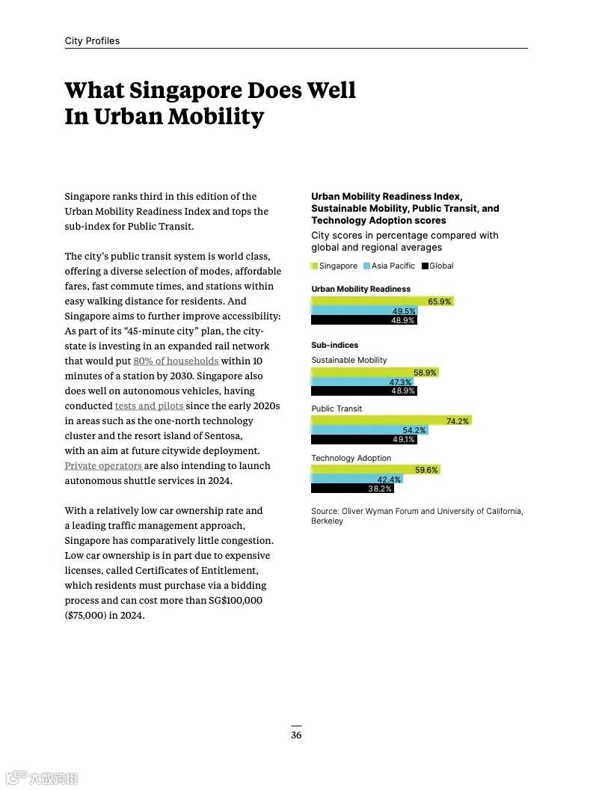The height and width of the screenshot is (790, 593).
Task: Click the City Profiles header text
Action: click(92, 41)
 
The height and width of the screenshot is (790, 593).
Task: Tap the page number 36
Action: click(296, 735)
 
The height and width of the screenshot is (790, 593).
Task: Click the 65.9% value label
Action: click(439, 301)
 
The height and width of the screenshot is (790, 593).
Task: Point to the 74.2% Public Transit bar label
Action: click(457, 421)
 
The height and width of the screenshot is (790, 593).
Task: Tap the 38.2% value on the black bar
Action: click(379, 489)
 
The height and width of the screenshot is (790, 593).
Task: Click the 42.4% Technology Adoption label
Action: click(389, 480)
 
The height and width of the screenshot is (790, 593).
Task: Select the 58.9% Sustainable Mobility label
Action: click(425, 373)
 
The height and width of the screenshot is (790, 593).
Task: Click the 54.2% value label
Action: click(414, 430)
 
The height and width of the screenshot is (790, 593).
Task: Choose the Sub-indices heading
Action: click(334, 346)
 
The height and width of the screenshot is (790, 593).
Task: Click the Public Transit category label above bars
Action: click(337, 409)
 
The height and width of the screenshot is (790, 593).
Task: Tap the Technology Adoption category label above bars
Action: click(351, 458)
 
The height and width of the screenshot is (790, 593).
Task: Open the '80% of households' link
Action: click(176, 361)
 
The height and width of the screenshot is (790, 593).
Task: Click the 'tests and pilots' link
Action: click(149, 406)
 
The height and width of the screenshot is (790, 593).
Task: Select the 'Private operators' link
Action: click(103, 466)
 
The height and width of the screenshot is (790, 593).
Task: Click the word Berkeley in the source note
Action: click(327, 521)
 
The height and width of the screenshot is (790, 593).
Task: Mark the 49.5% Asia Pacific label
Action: click(403, 311)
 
